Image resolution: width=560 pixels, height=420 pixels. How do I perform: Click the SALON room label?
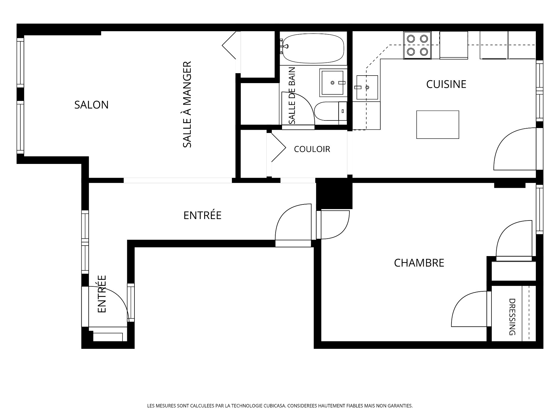click(x=91, y=105)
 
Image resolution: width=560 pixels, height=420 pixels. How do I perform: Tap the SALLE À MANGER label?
click(x=187, y=104)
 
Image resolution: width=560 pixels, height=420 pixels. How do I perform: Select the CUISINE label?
click(x=446, y=84)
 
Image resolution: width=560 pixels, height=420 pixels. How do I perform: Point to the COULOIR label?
click(x=312, y=149)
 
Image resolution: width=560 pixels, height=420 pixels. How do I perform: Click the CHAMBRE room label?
click(x=419, y=263)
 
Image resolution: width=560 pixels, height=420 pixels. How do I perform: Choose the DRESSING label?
click(x=512, y=317)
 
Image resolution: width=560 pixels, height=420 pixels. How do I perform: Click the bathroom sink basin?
click(x=332, y=83)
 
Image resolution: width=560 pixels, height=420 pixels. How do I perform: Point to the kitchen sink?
click(x=367, y=87)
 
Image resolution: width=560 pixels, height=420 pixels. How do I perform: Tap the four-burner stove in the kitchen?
click(x=417, y=45)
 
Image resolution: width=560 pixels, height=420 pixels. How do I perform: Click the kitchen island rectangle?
click(x=437, y=125)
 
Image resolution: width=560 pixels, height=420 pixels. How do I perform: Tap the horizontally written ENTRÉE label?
click(x=202, y=216)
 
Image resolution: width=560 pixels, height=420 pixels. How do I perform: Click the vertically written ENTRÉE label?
click(x=101, y=294)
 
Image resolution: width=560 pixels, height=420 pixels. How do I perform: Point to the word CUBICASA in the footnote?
click(x=275, y=406)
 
